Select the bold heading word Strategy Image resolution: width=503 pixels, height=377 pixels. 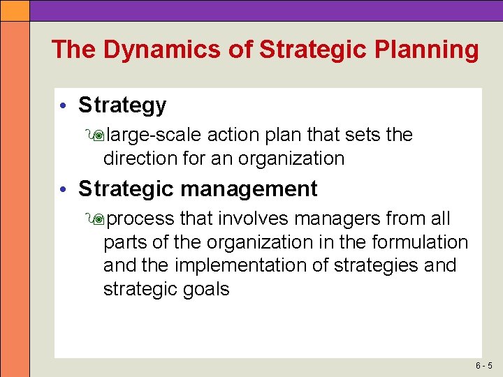(122, 105)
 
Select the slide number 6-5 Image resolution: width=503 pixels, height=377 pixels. (484, 366)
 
